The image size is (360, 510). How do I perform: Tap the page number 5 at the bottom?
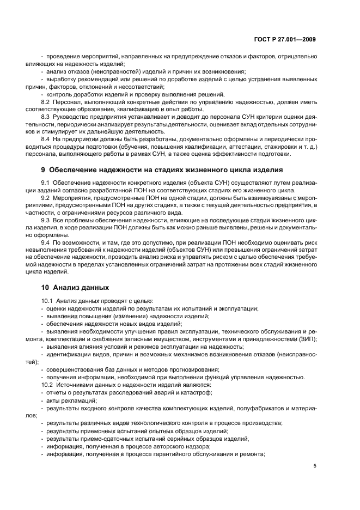(x=315, y=466)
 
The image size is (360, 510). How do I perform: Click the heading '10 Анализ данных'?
(x=75, y=287)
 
